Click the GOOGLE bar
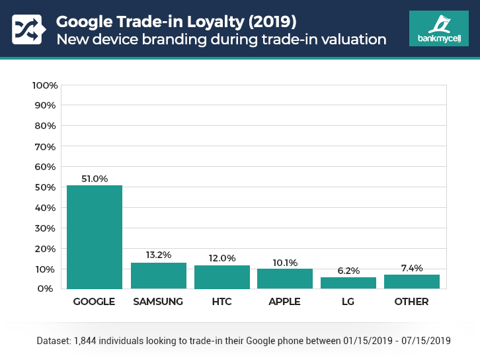coord(95,237)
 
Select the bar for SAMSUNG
coord(158,275)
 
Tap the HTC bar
coord(221,277)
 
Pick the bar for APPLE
coord(285,279)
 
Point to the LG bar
coord(348,283)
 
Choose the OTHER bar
coord(411,281)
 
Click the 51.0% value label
coord(95,177)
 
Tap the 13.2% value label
coord(158,255)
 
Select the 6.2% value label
coord(348,269)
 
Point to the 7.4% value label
coord(411,267)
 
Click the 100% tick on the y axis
coord(45,85)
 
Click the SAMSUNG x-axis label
coord(158,302)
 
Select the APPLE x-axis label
coord(285,302)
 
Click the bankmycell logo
coord(438,28)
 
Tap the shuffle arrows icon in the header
coord(26,29)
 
